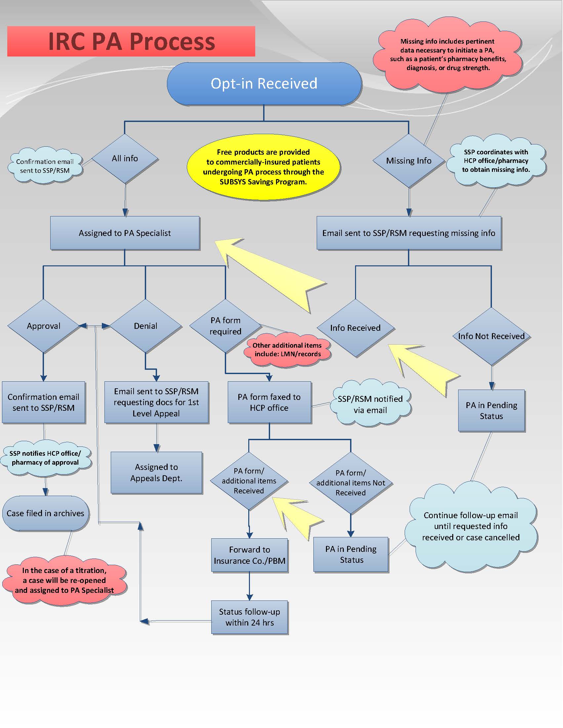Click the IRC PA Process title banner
click(131, 41)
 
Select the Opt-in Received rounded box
click(264, 84)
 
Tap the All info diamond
click(125, 159)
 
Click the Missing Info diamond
click(409, 161)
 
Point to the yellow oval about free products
click(263, 167)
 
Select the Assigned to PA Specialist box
click(125, 233)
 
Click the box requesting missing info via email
click(409, 233)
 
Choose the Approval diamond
click(43, 326)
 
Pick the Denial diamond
click(145, 326)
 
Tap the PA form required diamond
click(225, 326)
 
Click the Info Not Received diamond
click(491, 336)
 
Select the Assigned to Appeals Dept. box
click(156, 473)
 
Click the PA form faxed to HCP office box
click(269, 402)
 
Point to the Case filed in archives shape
click(45, 513)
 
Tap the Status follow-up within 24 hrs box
click(250, 617)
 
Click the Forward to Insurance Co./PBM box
click(250, 555)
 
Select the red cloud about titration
click(64, 580)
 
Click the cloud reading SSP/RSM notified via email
click(370, 404)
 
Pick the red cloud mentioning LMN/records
click(287, 350)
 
